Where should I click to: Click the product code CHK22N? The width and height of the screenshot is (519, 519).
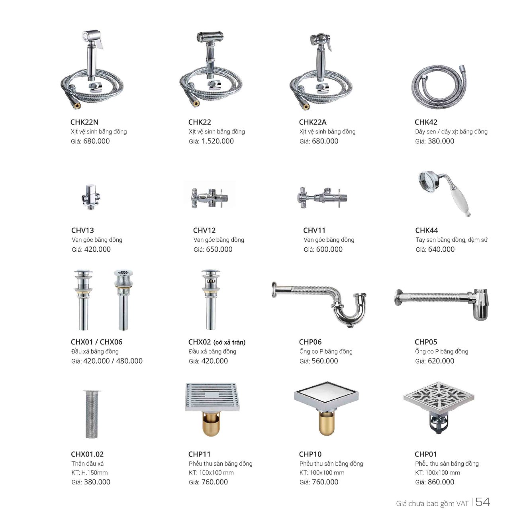84,122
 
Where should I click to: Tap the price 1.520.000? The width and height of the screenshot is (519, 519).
217,141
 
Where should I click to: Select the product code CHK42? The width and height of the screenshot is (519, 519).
426,122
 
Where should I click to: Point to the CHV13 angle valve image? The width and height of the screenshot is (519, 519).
90,197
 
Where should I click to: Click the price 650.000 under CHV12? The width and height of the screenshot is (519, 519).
219,249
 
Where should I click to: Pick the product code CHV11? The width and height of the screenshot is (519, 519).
314,230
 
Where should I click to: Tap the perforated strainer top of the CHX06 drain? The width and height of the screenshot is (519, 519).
123,273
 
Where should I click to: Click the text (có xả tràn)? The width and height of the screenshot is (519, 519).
229,342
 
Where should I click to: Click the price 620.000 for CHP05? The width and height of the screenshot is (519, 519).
441,361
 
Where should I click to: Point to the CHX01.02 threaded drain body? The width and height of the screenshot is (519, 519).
92,414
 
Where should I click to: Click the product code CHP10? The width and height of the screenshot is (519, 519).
310,454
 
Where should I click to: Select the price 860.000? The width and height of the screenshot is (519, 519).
441,482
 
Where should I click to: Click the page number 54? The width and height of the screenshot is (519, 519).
482,502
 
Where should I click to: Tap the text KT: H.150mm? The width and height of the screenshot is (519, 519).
89,472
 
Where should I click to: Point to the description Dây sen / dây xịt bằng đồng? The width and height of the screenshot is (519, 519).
451,132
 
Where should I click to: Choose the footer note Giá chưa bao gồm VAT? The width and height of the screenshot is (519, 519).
432,503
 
